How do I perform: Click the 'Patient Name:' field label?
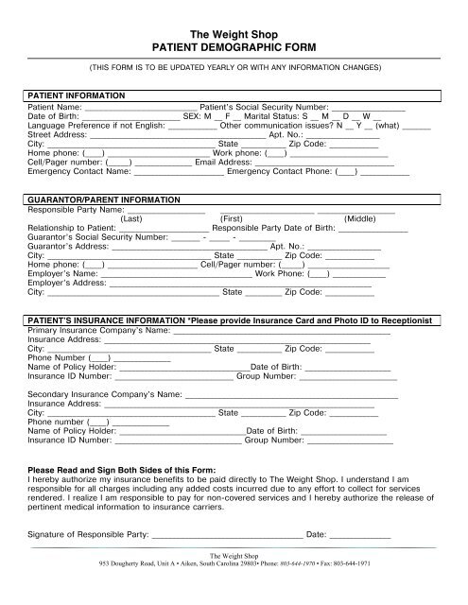click(56, 108)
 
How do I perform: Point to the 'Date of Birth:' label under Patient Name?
click(56, 117)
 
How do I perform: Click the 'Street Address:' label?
click(58, 135)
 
